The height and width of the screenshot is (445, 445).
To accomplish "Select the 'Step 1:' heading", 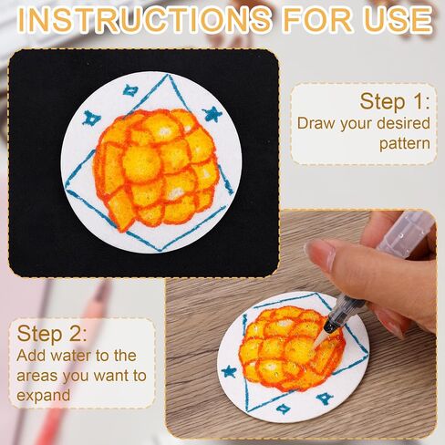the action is (395, 101).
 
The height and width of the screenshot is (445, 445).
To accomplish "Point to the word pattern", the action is (405, 144).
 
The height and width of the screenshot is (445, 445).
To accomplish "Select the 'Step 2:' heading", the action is (52, 334).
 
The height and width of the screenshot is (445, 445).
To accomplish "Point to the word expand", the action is (44, 396).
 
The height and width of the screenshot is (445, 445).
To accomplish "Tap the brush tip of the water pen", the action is (319, 339).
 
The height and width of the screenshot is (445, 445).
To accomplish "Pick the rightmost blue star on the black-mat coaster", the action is (212, 114).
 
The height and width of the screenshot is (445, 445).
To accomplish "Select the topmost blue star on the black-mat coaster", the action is (131, 90).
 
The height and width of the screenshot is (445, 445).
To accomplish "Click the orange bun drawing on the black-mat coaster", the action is (156, 168).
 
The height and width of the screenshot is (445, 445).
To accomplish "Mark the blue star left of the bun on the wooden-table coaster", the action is (229, 371).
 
